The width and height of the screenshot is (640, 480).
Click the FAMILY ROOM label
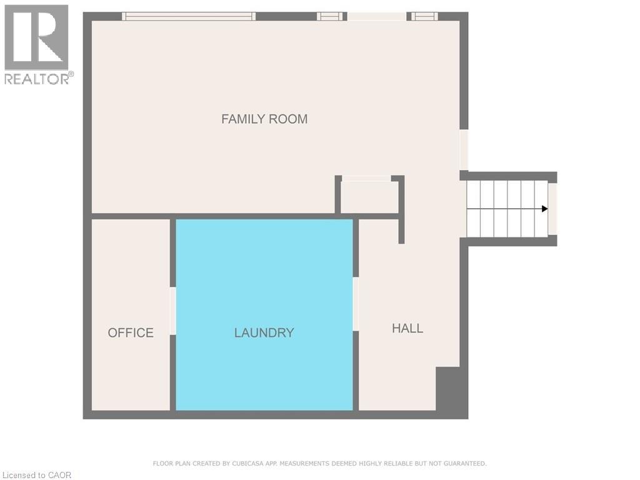point(264,119)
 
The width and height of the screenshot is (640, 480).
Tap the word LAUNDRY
point(264,332)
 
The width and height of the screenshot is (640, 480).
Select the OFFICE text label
point(131,332)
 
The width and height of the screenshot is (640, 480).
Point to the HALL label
point(407,328)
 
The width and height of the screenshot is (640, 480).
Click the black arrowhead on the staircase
point(544,209)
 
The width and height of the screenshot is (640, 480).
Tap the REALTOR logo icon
point(36,37)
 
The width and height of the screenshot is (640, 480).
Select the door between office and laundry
point(172,311)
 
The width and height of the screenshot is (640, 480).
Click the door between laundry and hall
point(356,304)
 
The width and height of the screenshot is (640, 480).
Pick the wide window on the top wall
point(189,16)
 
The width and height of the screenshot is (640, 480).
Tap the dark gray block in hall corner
point(451,391)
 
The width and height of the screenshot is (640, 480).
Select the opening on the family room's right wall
point(464,149)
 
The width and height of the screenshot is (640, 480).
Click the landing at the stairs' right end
point(552,209)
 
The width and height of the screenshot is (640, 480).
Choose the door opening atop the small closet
point(366,179)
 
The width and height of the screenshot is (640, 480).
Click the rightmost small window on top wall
point(424,16)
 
